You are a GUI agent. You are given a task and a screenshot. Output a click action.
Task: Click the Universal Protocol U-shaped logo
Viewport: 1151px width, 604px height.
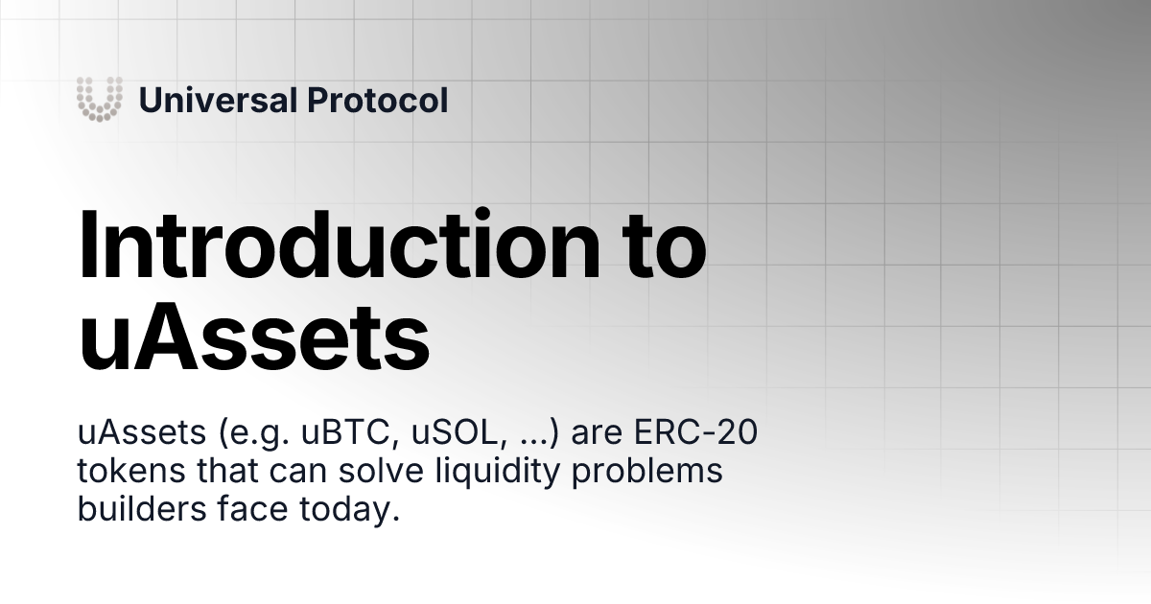pos(100,99)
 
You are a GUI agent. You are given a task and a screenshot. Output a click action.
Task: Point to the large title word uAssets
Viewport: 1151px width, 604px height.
pos(253,337)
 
